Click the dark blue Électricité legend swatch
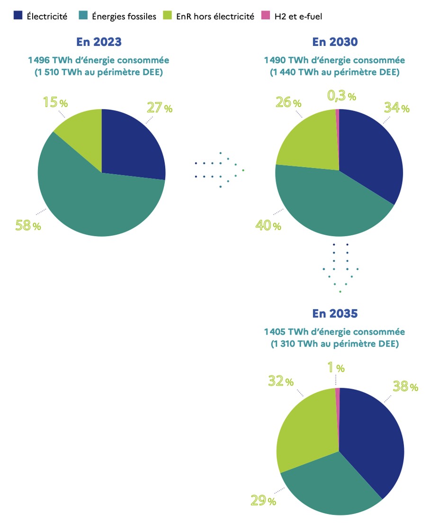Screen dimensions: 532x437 click(x=18, y=16)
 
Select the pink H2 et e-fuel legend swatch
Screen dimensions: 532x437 click(x=265, y=16)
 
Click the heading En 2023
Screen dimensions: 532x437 click(x=99, y=42)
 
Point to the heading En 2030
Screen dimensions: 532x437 click(x=335, y=42)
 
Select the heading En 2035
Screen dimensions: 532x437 click(x=335, y=313)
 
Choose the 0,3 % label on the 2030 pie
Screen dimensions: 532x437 click(x=341, y=97)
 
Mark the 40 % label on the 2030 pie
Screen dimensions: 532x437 click(x=268, y=226)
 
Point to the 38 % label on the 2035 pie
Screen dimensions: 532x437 click(x=405, y=387)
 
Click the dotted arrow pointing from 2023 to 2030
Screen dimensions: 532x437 click(x=220, y=170)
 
